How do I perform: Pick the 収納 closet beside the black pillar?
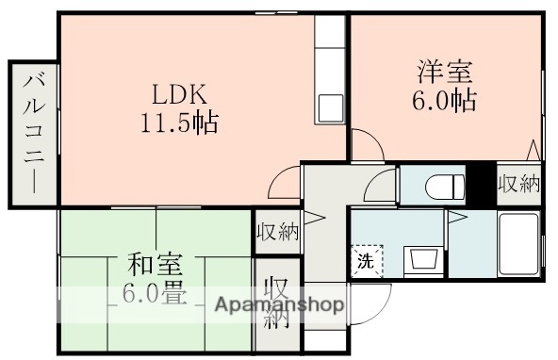point(518,184)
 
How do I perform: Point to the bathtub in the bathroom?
point(517,243)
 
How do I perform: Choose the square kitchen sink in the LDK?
point(331,105)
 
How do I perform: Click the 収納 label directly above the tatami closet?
point(276,232)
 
